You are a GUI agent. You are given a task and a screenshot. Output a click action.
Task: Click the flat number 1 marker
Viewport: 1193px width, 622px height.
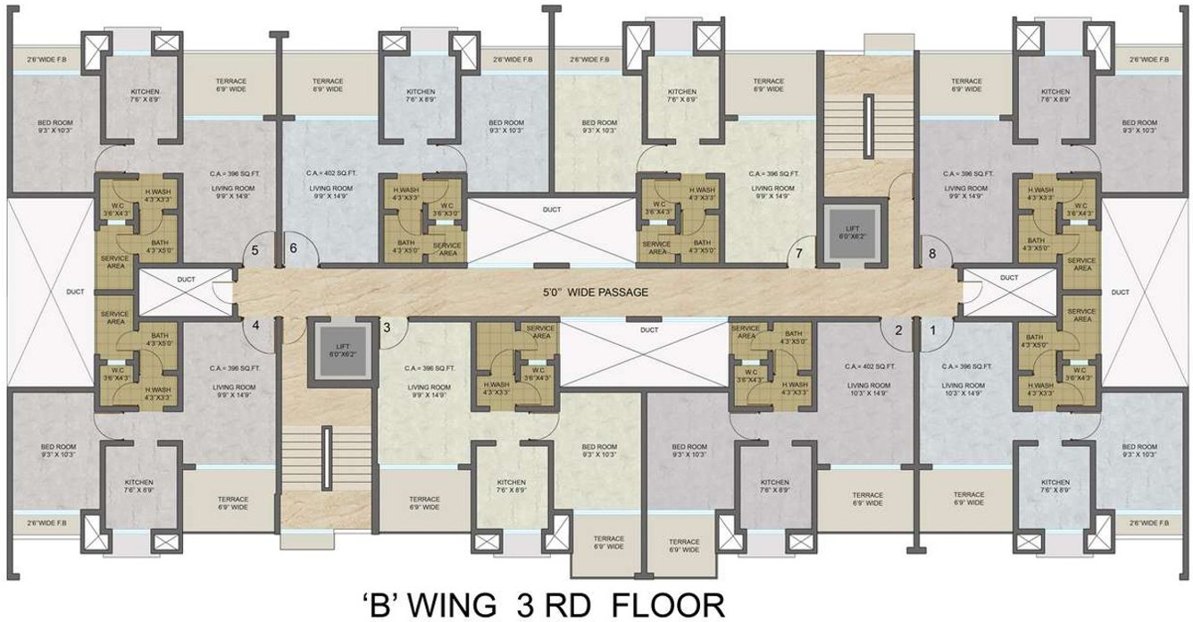(x=934, y=329)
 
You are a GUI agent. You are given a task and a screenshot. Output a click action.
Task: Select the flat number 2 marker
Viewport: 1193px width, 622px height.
(x=898, y=329)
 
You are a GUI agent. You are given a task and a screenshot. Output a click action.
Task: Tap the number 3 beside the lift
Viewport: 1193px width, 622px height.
(x=387, y=327)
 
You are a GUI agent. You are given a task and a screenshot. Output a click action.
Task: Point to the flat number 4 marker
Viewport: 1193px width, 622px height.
(x=255, y=325)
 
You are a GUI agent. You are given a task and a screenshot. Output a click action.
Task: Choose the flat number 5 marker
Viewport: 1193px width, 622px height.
(x=255, y=251)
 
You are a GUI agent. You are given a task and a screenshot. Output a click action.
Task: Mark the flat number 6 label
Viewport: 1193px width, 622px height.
(x=292, y=250)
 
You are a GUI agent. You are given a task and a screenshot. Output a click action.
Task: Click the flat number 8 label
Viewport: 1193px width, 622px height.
(x=932, y=253)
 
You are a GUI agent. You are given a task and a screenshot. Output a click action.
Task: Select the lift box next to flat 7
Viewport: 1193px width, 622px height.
(x=854, y=235)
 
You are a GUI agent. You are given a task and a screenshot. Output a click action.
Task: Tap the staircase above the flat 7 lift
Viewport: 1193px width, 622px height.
(x=865, y=121)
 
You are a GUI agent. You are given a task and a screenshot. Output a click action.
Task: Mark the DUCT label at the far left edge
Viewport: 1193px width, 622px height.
(x=49, y=291)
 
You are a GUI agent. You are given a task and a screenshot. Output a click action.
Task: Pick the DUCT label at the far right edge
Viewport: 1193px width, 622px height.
(x=1145, y=292)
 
